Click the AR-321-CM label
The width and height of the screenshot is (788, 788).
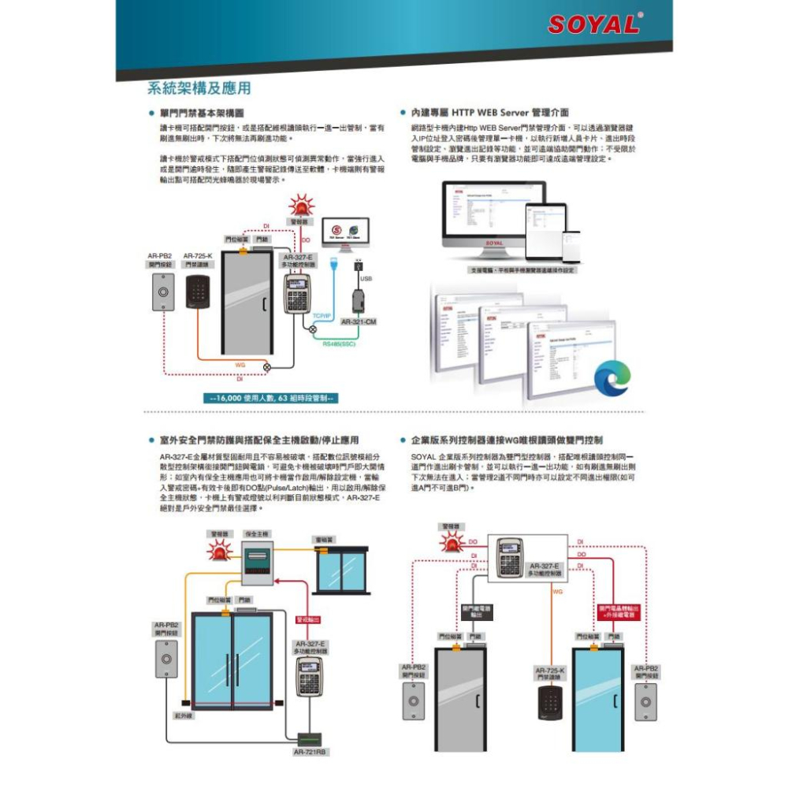click(359, 322)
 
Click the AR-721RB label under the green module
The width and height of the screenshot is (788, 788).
click(310, 752)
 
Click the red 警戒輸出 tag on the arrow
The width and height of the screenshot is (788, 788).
click(307, 620)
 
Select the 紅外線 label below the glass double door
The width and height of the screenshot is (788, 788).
click(183, 716)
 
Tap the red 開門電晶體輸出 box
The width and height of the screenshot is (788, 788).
click(619, 611)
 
